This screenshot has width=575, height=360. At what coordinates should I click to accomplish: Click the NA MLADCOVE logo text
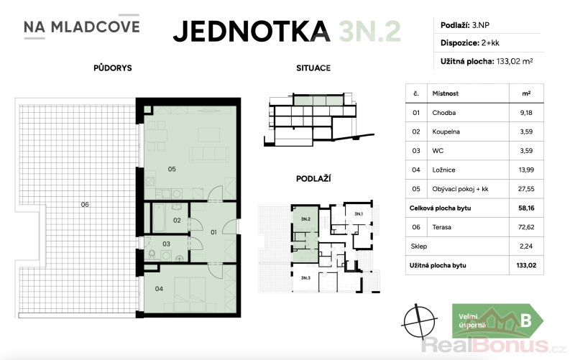click(82, 27)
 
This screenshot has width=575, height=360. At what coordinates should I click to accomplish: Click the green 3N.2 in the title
click(369, 32)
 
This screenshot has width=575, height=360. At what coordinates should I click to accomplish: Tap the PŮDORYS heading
click(113, 68)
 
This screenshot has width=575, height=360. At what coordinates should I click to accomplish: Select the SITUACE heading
click(313, 68)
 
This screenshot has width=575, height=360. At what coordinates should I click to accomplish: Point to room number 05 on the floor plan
click(172, 169)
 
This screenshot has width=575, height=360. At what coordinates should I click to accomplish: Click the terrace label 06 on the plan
click(85, 205)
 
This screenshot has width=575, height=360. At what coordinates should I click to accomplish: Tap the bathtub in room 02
click(159, 218)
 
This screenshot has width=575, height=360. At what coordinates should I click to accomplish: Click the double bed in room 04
click(190, 295)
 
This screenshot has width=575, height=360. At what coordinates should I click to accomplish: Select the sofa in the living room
click(209, 154)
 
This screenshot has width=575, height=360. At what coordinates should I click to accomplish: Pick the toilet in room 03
click(152, 254)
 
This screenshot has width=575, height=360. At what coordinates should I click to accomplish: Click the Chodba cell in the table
click(443, 113)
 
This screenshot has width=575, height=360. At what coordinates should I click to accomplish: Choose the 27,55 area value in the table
click(526, 189)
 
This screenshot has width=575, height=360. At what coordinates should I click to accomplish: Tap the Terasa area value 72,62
click(526, 227)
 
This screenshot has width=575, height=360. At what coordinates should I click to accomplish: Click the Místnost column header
click(445, 93)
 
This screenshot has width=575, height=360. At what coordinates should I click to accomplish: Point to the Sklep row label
click(419, 246)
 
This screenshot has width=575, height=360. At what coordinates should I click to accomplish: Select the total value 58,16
click(526, 208)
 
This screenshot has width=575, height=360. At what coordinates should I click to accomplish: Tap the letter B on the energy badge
click(526, 320)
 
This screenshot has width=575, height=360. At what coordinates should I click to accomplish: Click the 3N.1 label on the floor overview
click(358, 213)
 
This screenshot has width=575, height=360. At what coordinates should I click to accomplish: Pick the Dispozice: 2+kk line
click(470, 43)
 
